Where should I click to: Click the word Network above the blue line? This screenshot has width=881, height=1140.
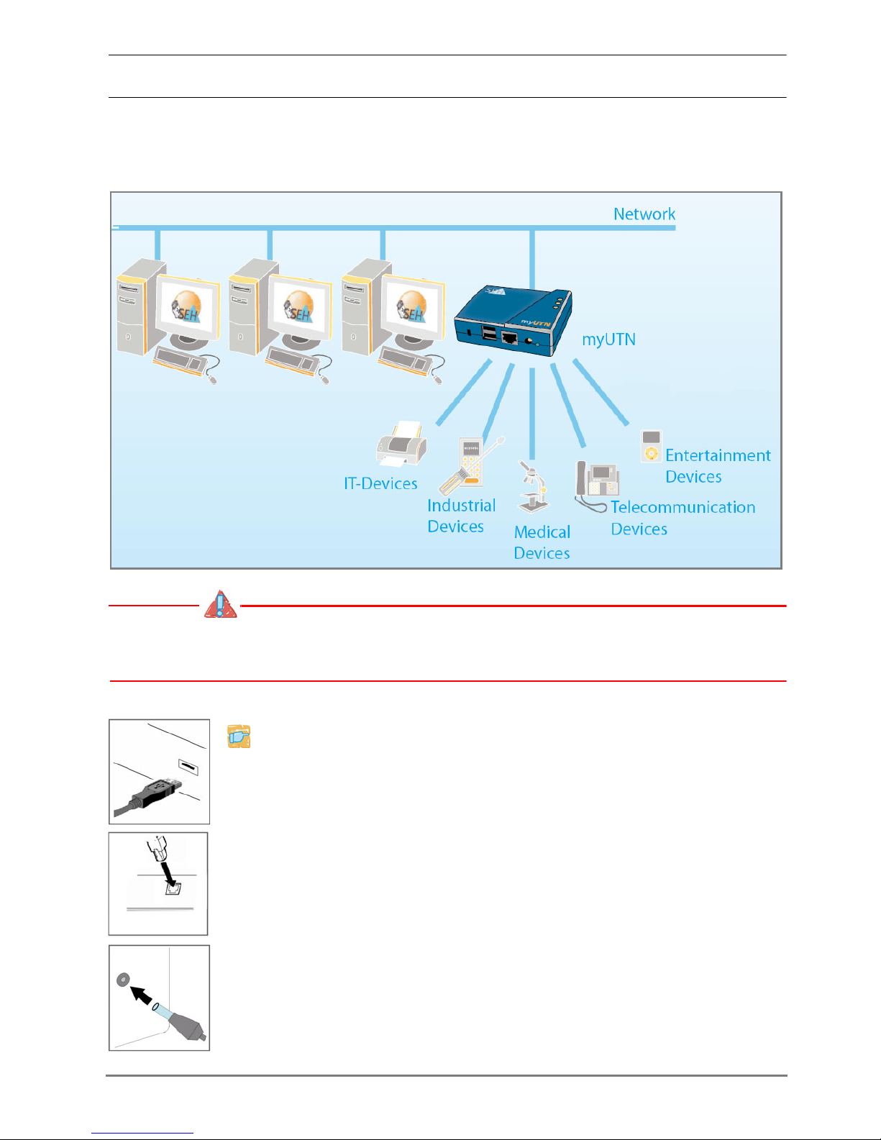pos(644,214)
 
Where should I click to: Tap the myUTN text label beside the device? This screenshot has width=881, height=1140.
pos(608,339)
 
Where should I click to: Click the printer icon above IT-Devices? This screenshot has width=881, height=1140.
pos(402,444)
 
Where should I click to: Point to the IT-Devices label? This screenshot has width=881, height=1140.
pos(380,483)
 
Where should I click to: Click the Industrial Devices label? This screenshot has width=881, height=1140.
pos(461,516)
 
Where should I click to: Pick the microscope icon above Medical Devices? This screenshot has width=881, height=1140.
pos(534,486)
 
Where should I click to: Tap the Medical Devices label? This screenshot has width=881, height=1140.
pos(542,542)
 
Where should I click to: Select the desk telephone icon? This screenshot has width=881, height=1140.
pos(596,481)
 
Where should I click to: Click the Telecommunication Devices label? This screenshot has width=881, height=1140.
pos(683,518)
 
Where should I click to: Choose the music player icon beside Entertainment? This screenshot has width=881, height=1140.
pos(651,446)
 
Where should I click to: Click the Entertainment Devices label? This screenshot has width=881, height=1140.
pos(717,465)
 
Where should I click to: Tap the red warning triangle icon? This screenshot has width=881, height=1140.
pos(220,606)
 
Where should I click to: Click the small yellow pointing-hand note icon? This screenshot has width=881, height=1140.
pos(239,737)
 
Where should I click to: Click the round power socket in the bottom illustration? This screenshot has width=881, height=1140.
pos(122,979)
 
